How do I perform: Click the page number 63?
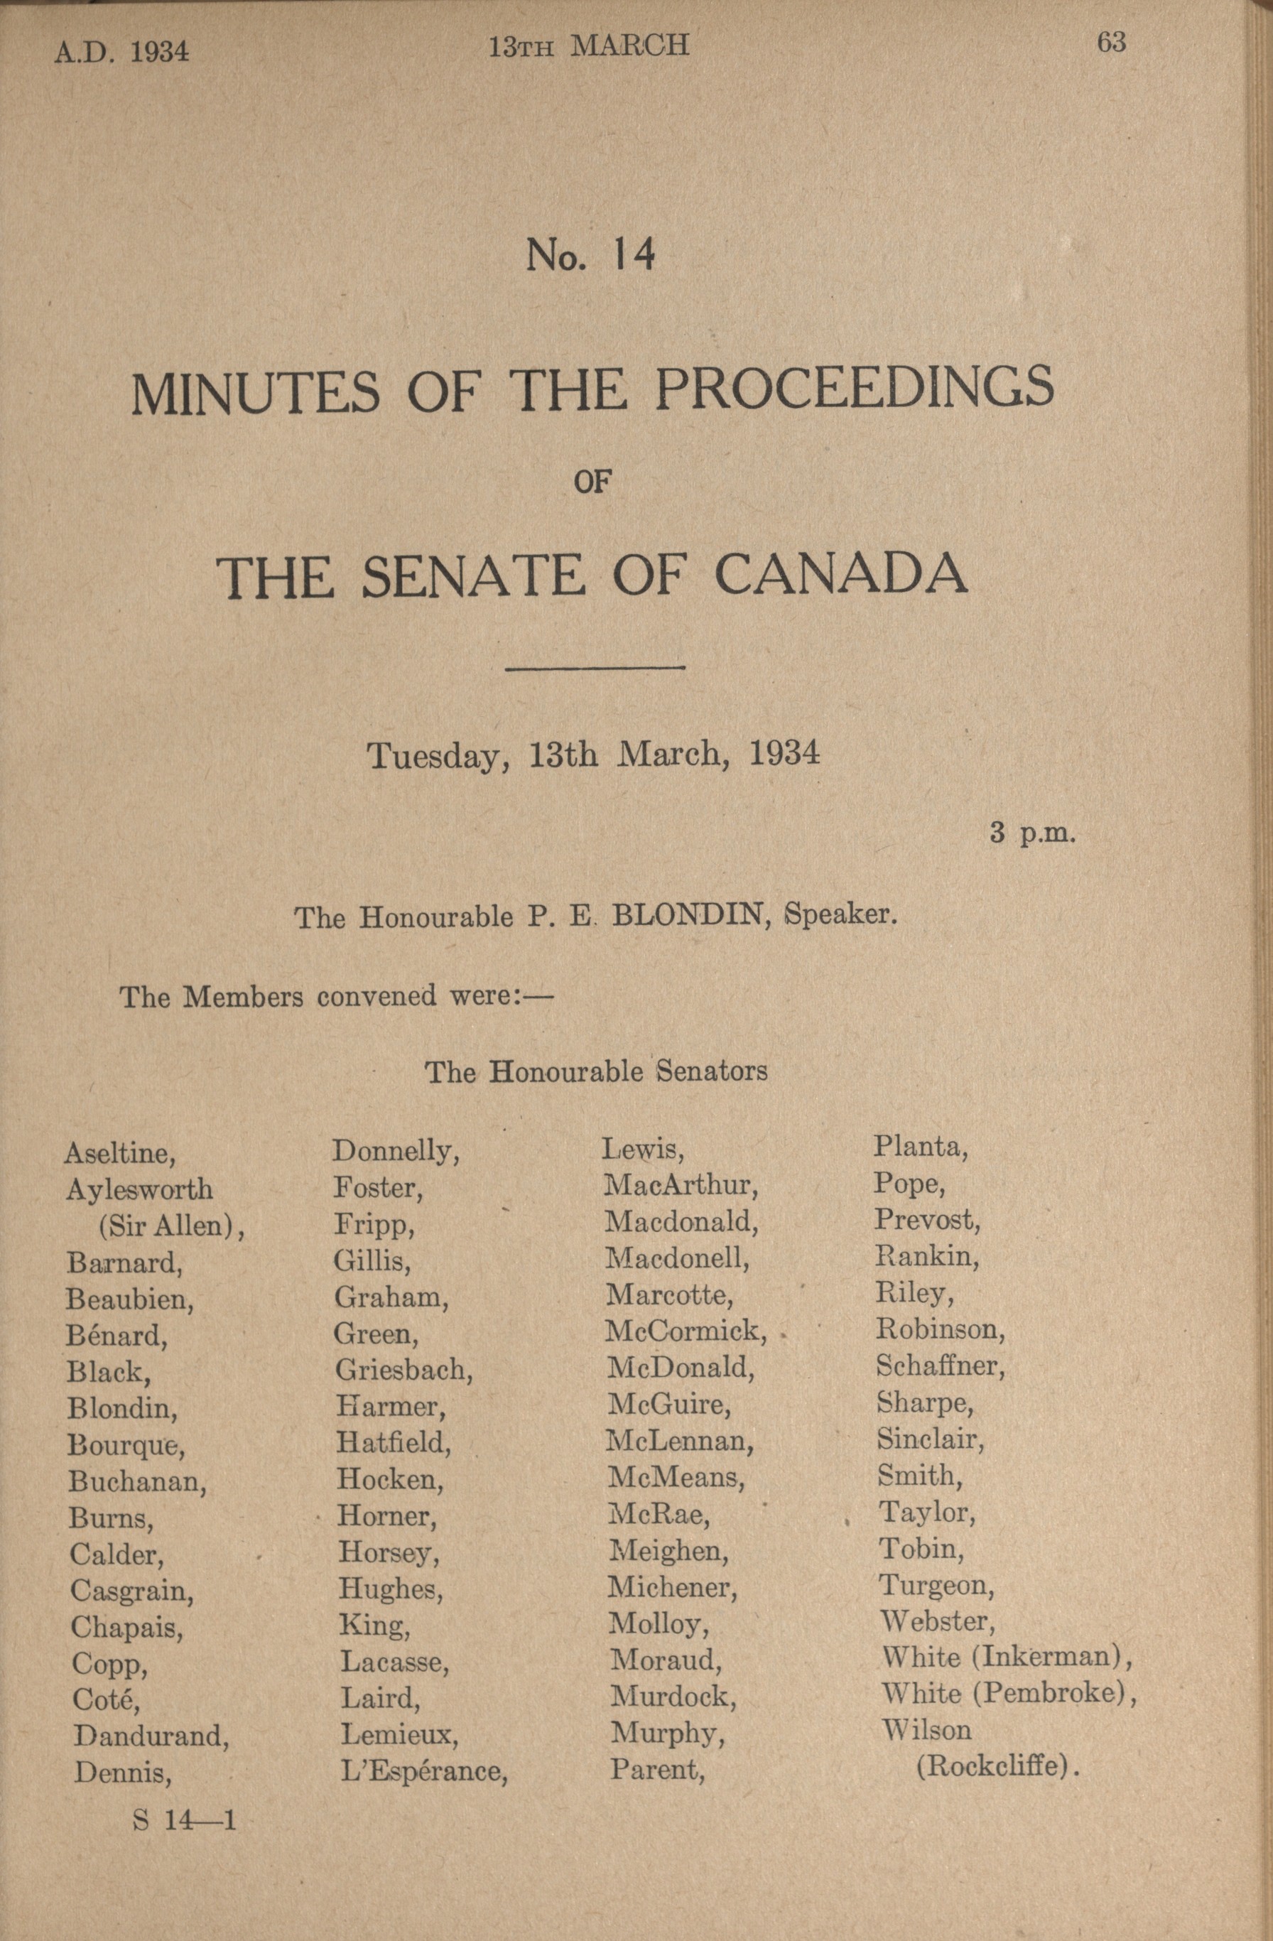pyautogui.click(x=1111, y=43)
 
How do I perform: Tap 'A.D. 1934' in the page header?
pyautogui.click(x=121, y=52)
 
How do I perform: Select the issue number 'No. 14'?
pyautogui.click(x=590, y=256)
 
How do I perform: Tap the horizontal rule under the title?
pyautogui.click(x=595, y=669)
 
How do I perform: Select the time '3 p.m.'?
pyautogui.click(x=1033, y=834)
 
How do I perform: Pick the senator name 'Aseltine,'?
pyautogui.click(x=120, y=1153)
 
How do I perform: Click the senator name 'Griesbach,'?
pyautogui.click(x=403, y=1369)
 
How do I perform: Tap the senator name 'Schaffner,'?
pyautogui.click(x=941, y=1366)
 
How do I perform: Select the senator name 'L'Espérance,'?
pyautogui.click(x=423, y=1770)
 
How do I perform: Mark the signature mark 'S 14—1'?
pyautogui.click(x=183, y=1820)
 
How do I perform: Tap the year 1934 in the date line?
pyautogui.click(x=783, y=755)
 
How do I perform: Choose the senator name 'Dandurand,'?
pyautogui.click(x=151, y=1736)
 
